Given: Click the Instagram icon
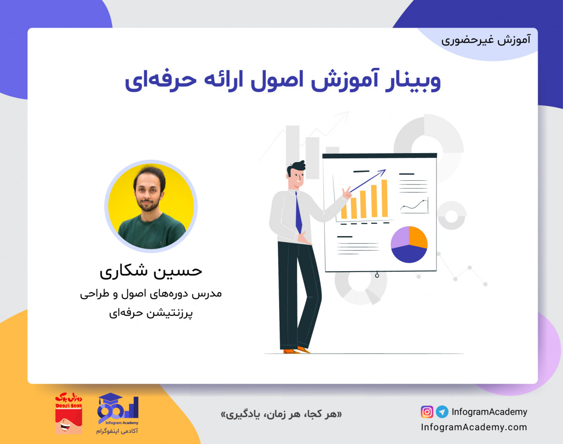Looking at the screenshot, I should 427,412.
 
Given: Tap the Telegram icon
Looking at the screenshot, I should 441,412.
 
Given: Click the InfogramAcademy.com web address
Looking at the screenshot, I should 474,427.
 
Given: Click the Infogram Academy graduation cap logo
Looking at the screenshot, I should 118,410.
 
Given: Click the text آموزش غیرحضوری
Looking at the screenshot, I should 486,40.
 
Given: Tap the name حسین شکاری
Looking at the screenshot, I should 151,271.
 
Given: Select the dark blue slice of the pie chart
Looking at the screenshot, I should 408,254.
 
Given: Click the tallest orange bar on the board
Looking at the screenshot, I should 384,199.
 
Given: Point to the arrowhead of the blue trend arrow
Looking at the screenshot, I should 383,171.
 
